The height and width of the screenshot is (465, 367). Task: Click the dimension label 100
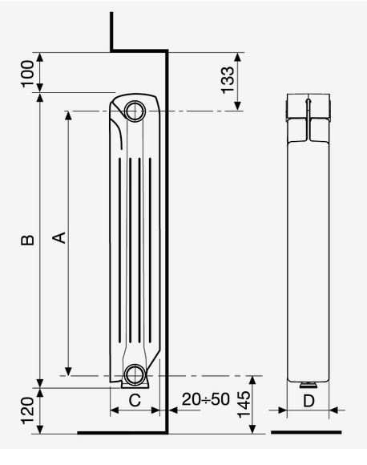click(x=28, y=73)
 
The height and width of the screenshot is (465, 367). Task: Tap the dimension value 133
click(x=228, y=80)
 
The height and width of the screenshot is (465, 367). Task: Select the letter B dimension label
click(x=27, y=240)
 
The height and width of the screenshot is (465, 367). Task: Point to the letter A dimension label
click(x=59, y=237)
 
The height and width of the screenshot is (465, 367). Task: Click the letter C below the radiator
click(x=135, y=400)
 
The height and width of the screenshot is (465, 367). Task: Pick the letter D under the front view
click(x=309, y=401)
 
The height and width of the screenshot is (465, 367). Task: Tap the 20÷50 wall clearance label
click(x=206, y=399)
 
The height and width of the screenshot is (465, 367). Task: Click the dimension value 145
click(x=244, y=404)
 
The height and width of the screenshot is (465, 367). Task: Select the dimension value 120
click(x=28, y=410)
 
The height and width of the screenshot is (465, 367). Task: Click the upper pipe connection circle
click(x=135, y=111)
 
